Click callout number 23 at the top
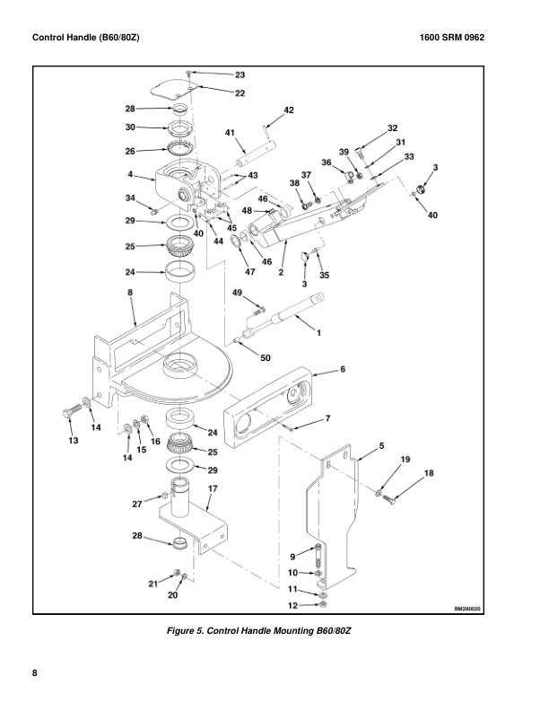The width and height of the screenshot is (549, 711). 240,75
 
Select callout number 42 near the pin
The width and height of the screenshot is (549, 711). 288,110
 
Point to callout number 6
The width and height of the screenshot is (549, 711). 342,369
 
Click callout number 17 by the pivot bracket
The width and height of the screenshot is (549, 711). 213,488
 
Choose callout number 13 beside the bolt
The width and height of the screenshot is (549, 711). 74,441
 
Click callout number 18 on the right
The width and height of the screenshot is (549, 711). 428,472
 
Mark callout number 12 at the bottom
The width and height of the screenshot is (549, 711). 292,604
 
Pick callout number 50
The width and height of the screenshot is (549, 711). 265,358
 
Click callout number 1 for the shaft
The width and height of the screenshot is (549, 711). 316,332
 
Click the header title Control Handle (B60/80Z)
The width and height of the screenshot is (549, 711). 85,38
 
